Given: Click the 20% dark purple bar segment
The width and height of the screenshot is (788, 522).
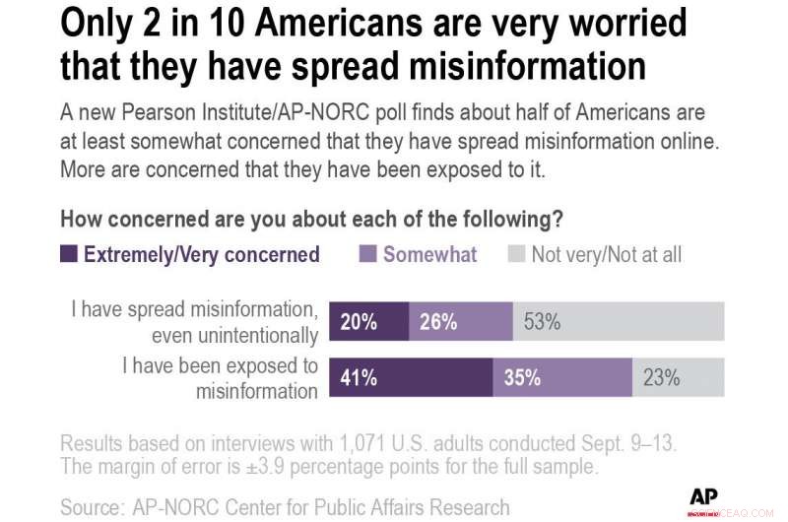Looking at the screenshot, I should pos(367,322).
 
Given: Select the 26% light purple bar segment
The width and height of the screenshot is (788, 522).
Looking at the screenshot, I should pos(460,322).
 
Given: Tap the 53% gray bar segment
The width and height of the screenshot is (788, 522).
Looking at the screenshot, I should pos(619,322).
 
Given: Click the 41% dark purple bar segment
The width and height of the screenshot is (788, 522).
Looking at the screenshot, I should pos(410,377).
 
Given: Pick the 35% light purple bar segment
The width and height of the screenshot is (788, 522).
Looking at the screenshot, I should pos(561,377).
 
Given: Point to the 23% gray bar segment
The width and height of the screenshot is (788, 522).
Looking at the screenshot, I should pos(678,377).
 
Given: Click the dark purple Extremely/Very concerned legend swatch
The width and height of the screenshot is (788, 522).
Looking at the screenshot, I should pos(69,254).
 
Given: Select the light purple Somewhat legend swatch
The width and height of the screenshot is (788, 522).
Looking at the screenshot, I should pos(367,254).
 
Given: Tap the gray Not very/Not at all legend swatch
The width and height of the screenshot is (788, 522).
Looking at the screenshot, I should pos(516,254).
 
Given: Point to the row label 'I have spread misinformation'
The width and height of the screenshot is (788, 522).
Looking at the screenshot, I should pos(194,310).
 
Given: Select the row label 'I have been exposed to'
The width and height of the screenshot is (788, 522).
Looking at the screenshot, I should pos(220,366).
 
